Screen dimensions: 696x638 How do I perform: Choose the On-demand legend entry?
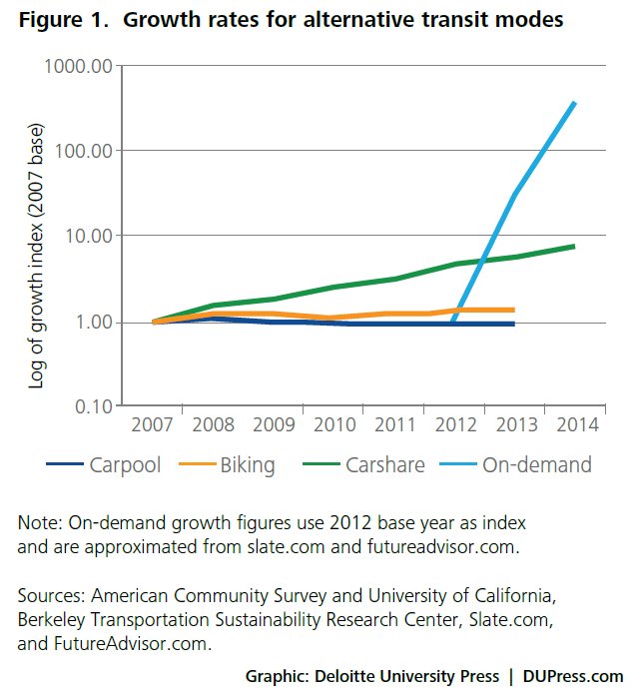point(537,464)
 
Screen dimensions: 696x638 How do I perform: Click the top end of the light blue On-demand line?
point(574,103)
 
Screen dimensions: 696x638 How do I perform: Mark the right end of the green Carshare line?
point(574,246)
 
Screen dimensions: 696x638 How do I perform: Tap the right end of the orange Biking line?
point(513,310)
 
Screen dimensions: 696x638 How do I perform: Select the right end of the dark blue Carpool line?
point(513,324)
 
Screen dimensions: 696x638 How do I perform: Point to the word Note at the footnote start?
point(37,523)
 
